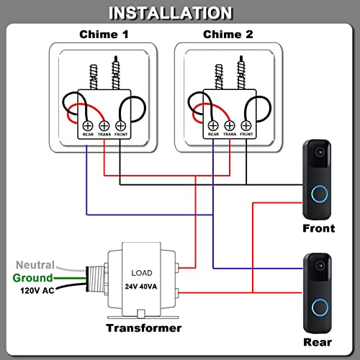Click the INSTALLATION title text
click(x=180, y=13)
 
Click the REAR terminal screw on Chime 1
click(x=87, y=123)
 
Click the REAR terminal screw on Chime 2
click(x=213, y=123)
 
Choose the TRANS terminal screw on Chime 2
click(x=229, y=123)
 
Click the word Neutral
click(x=35, y=265)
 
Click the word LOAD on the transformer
click(x=141, y=274)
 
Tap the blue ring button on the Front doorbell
click(x=318, y=196)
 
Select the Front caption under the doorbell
click(x=318, y=229)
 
